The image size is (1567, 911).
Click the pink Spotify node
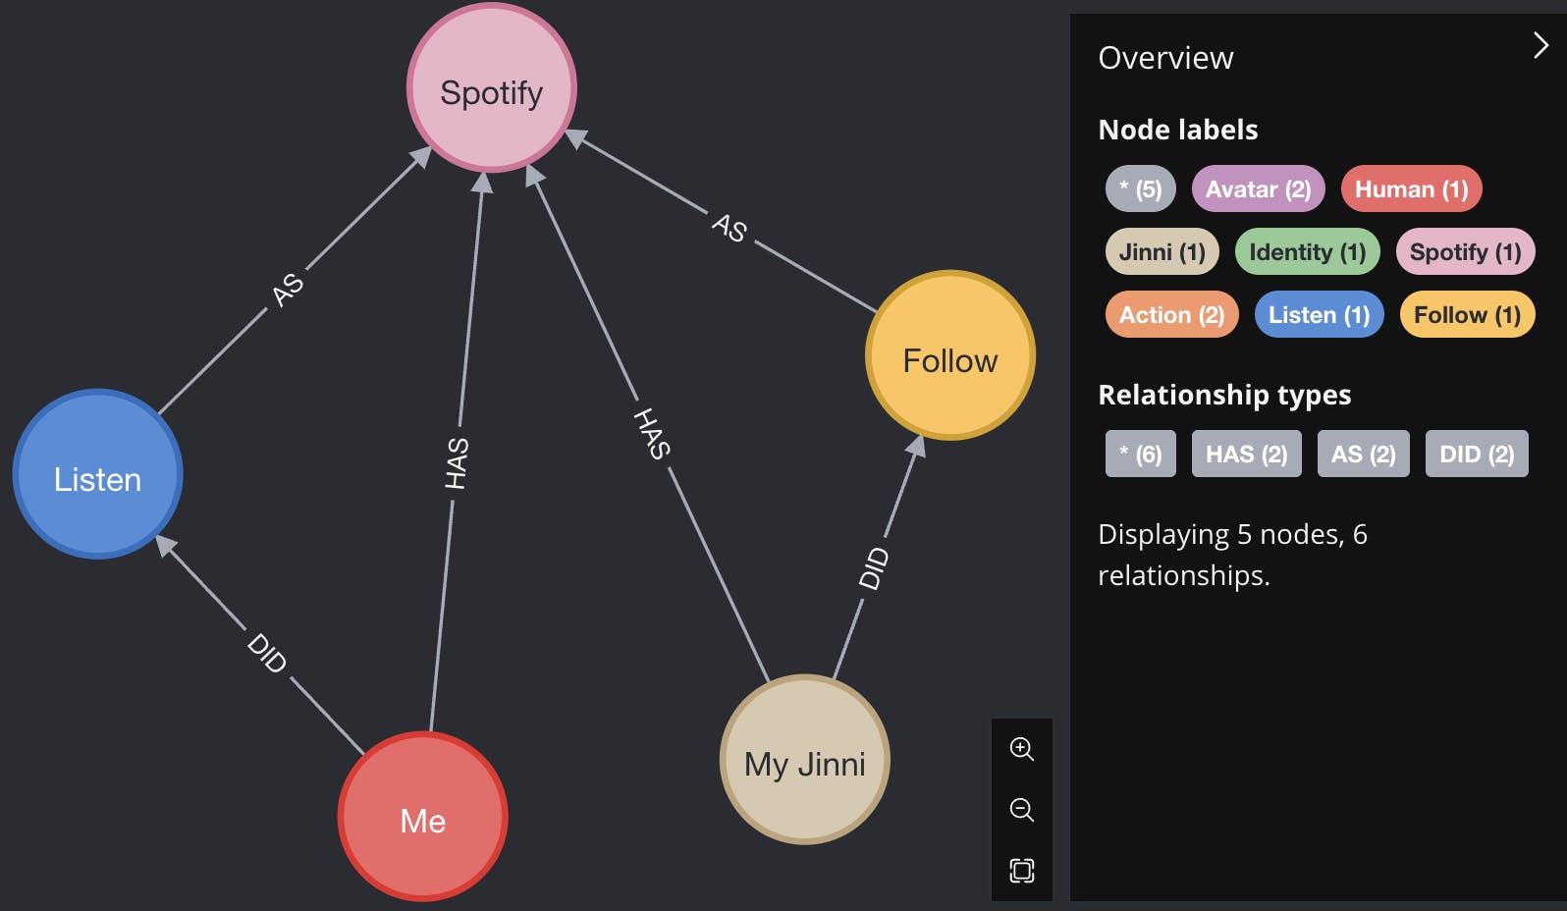(x=491, y=88)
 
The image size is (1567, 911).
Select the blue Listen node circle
(x=97, y=474)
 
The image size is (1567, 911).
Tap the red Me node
(x=422, y=817)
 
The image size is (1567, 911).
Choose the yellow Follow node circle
(x=949, y=355)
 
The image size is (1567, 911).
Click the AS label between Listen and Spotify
(x=287, y=290)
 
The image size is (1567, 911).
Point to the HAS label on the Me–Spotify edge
(x=457, y=463)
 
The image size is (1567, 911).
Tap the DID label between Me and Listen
(x=267, y=653)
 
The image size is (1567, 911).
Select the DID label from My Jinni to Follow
(x=874, y=568)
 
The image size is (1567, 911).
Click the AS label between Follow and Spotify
(x=729, y=228)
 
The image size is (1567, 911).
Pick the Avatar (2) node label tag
(x=1258, y=189)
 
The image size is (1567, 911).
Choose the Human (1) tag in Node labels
(x=1411, y=189)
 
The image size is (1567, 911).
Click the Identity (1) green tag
(x=1307, y=252)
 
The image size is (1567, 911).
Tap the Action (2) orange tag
(x=1171, y=315)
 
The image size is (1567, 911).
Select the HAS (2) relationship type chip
(x=1246, y=455)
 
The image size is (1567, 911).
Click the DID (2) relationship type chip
(x=1476, y=455)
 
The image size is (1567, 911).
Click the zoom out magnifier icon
(x=1021, y=810)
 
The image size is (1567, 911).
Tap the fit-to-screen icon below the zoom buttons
(x=1021, y=871)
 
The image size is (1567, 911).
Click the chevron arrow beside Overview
(x=1540, y=45)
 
